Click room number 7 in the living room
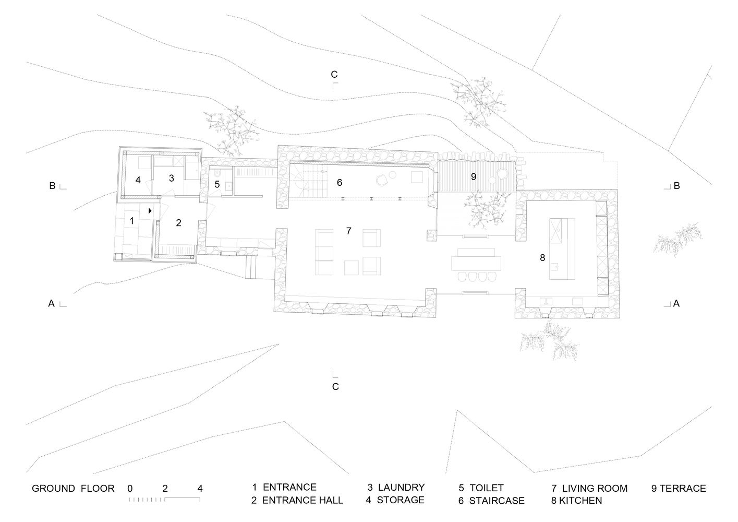point(348,231)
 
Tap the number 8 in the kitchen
point(542,257)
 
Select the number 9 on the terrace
point(474,176)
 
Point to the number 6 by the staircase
point(340,182)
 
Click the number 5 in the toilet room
point(217,184)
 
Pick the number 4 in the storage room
point(138,180)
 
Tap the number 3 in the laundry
point(172,178)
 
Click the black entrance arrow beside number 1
point(150,211)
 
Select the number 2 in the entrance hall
point(178,223)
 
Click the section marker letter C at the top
point(334,74)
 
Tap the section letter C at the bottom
point(335,387)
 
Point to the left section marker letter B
point(52,185)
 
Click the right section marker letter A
point(676,303)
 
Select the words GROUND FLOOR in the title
point(73,489)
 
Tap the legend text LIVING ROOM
point(595,489)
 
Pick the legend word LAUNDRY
point(401,488)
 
